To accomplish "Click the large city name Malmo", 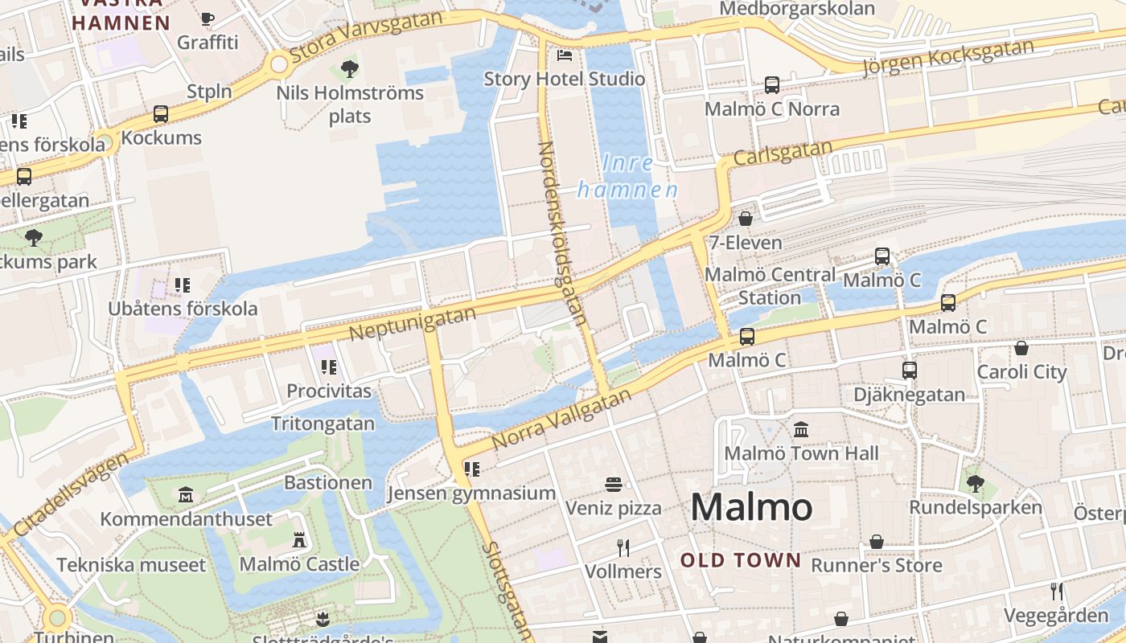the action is coord(751,507).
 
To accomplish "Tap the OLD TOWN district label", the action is coord(741,560).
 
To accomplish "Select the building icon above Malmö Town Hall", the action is coord(801,430).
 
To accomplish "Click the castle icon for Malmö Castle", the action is coord(299,540).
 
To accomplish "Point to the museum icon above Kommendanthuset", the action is coord(187,494).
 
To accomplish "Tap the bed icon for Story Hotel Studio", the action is coord(565,55).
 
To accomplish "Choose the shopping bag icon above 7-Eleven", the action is coord(746,219).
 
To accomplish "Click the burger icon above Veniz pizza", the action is coord(614,485).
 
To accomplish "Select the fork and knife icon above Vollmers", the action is coord(623,548).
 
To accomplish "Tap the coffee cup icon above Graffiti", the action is coord(208,18).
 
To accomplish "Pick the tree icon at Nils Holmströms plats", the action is coord(349,69).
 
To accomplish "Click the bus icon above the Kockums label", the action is coord(161,114).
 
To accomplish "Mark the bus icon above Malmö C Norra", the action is coord(772,85).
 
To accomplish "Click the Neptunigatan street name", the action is coord(413,323).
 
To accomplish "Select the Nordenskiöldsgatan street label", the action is coord(561,233).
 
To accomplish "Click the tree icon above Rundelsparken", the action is coord(975,484).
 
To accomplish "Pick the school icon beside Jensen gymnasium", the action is coord(472,469).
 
